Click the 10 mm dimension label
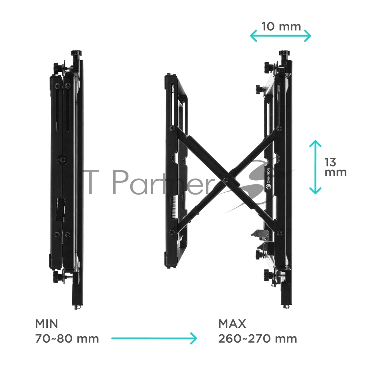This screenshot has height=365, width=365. pyautogui.click(x=281, y=27)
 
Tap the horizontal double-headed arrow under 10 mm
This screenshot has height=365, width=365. pyautogui.click(x=280, y=36)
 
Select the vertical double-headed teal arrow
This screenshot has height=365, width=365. pyautogui.click(x=315, y=167)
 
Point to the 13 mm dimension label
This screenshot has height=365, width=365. pyautogui.click(x=335, y=168)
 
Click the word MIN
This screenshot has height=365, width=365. pyautogui.click(x=47, y=324)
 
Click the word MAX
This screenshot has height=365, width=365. pyautogui.click(x=232, y=324)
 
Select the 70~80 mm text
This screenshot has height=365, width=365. pyautogui.click(x=67, y=339)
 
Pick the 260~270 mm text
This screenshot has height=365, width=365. pyautogui.click(x=257, y=339)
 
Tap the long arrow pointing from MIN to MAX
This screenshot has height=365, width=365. pyautogui.click(x=154, y=338)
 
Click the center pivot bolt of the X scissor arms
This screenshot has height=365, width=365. pyautogui.click(x=225, y=180)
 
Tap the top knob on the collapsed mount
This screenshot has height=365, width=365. pyautogui.click(x=77, y=54)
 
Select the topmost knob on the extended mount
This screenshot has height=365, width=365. pyautogui.click(x=284, y=54)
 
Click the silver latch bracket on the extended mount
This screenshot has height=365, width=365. pyautogui.click(x=262, y=235)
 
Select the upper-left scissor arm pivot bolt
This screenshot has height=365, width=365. pyautogui.click(x=172, y=128)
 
